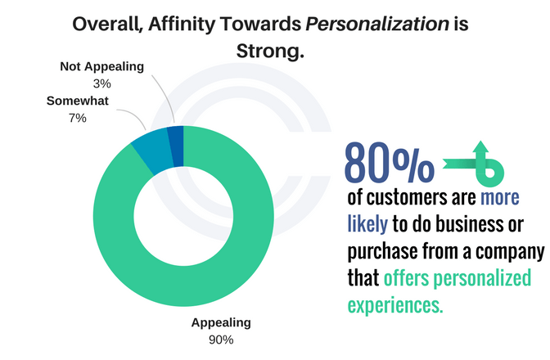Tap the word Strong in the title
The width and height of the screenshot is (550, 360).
[265, 52]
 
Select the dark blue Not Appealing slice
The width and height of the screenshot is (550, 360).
[175, 135]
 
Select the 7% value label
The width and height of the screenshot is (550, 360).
[79, 119]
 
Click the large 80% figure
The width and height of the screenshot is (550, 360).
[389, 164]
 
